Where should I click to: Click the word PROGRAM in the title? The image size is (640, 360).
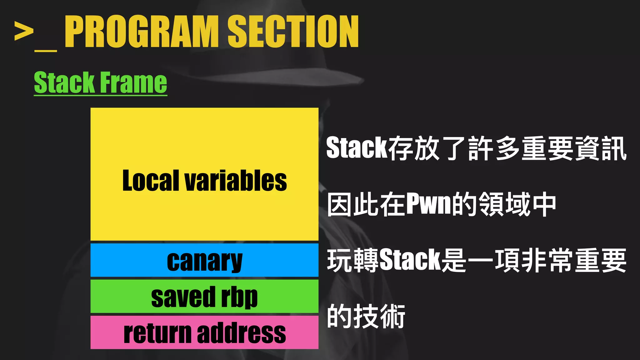point(142,32)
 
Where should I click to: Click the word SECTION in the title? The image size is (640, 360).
point(293,32)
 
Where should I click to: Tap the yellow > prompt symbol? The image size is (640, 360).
point(24,31)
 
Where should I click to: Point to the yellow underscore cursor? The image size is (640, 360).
point(46,50)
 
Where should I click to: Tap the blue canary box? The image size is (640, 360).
point(204,260)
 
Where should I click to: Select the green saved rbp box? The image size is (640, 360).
point(204,296)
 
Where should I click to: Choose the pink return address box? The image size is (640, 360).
point(204,332)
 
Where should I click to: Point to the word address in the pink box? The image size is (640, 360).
point(241,333)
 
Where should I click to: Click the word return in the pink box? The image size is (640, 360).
point(157,333)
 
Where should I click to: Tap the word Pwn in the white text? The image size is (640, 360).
point(429,204)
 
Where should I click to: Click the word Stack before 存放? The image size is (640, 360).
point(357,147)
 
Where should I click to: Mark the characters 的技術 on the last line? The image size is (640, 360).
point(366,316)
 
